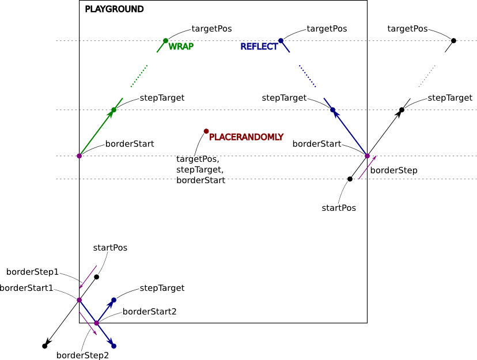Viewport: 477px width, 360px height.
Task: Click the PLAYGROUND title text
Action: tap(114, 9)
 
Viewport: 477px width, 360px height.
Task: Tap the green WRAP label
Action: tap(181, 47)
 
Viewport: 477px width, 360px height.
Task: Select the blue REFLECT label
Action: tap(259, 47)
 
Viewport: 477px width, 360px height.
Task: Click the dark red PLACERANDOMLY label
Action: tap(246, 137)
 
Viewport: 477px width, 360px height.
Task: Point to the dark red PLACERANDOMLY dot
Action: tap(206, 131)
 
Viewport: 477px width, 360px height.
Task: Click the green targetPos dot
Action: tap(165, 40)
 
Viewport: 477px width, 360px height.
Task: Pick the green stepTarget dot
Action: tap(113, 110)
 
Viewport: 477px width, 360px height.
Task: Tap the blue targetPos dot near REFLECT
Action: tap(281, 40)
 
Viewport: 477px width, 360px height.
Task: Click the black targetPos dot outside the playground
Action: tap(453, 40)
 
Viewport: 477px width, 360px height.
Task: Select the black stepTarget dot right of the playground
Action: tap(402, 110)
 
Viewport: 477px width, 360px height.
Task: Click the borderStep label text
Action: tap(393, 170)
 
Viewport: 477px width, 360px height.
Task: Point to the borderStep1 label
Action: tap(32, 271)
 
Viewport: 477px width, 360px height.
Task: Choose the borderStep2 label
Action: tap(82, 355)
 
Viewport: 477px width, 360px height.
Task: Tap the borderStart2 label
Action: tap(149, 312)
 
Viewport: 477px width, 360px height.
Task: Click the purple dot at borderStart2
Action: tap(96, 323)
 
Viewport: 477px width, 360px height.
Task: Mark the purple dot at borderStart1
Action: tap(79, 300)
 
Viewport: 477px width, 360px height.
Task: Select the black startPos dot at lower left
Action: tap(96, 277)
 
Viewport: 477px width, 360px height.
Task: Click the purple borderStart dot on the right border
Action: tap(367, 156)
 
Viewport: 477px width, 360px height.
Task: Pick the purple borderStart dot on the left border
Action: tap(79, 156)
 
